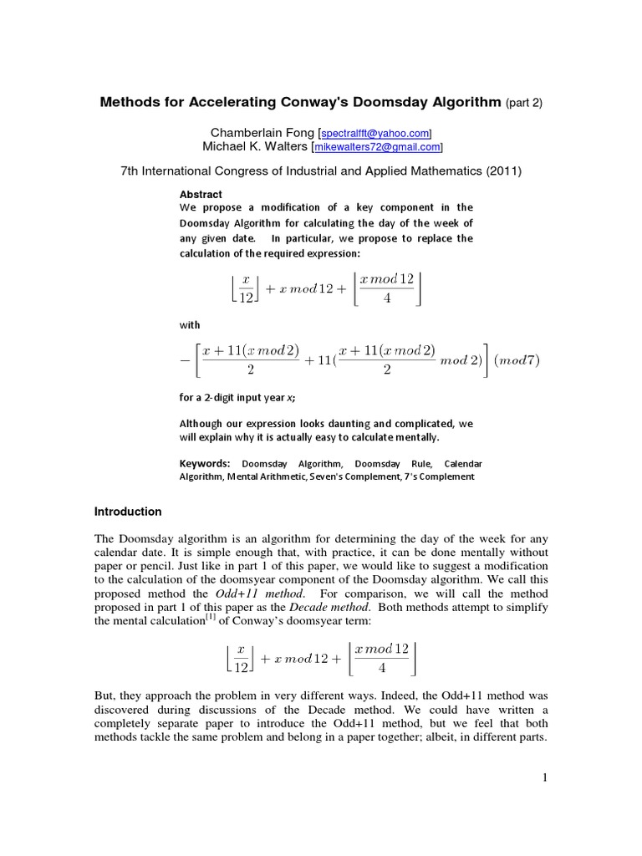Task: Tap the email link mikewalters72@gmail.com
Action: (x=377, y=147)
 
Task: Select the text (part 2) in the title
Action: (x=524, y=103)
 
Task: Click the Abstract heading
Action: (x=201, y=194)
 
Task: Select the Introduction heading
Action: (x=128, y=512)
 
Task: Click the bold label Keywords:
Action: (x=205, y=463)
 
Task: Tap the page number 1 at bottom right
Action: (x=543, y=777)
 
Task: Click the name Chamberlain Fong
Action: (x=263, y=132)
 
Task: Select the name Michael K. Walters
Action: (x=256, y=146)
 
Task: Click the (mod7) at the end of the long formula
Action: (x=517, y=360)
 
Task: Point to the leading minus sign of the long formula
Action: (x=185, y=361)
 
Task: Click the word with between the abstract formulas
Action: (x=190, y=324)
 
